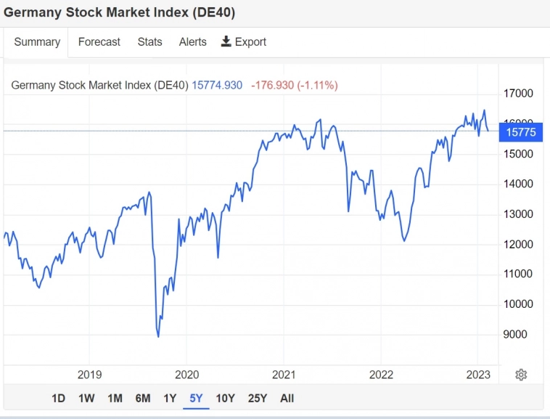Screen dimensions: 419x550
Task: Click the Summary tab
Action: tap(37, 42)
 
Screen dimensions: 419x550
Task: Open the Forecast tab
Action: tap(99, 42)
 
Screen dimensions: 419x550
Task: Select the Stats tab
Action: tap(150, 42)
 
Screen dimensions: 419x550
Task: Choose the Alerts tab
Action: tap(193, 42)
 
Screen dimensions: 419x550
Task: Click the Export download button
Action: tap(244, 42)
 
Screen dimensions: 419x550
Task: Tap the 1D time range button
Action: tap(58, 398)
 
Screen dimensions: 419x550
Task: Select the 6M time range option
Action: tap(143, 398)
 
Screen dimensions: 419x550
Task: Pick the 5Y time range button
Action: tap(196, 398)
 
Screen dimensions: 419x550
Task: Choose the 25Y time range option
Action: tap(258, 398)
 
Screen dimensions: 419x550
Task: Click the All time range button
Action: tap(287, 398)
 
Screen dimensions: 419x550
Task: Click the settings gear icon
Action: tap(521, 375)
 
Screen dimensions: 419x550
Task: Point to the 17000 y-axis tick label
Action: tap(518, 94)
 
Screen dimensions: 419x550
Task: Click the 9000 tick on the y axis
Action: tap(515, 334)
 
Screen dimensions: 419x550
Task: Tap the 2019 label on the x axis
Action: tap(89, 375)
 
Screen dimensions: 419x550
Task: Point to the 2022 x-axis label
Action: tap(381, 375)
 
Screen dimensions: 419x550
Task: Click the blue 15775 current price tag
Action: tap(520, 132)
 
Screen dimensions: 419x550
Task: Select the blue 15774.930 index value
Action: tap(217, 85)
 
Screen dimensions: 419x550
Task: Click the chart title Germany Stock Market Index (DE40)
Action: tap(119, 13)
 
